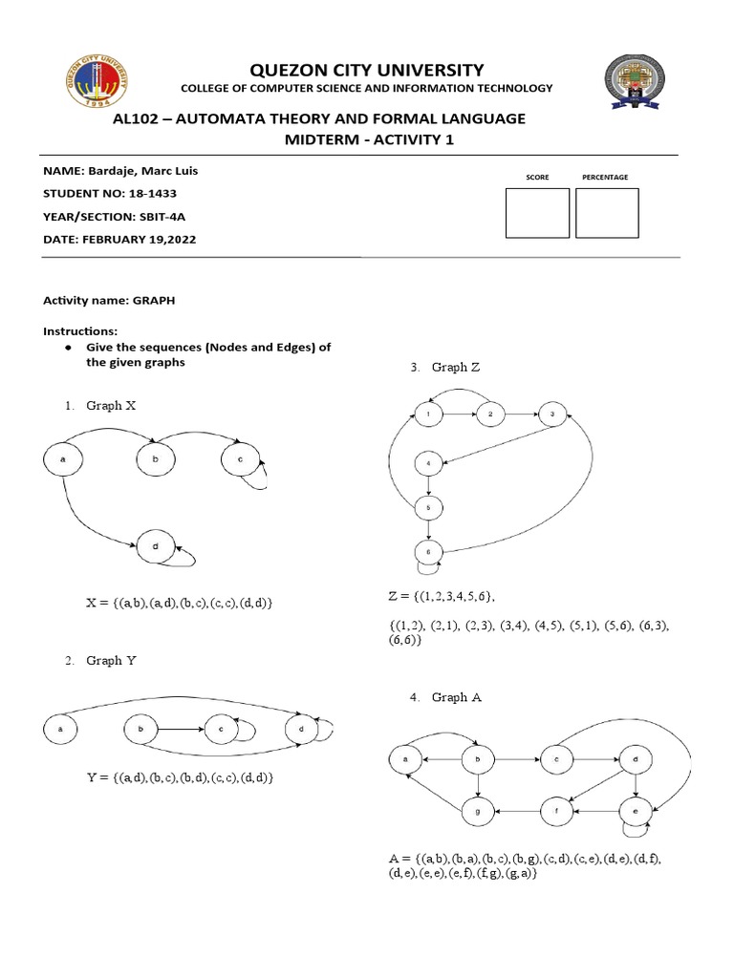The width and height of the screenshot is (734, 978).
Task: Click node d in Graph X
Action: click(x=154, y=547)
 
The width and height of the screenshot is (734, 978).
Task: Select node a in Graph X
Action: click(x=63, y=460)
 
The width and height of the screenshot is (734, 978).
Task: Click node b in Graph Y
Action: click(x=140, y=730)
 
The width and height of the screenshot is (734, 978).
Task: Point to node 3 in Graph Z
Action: click(x=551, y=415)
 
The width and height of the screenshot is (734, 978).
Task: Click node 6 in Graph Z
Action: click(x=429, y=551)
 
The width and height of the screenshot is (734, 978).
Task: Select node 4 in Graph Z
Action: click(x=429, y=464)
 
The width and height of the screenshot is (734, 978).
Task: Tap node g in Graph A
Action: click(x=476, y=811)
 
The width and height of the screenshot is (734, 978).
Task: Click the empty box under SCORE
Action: click(x=536, y=212)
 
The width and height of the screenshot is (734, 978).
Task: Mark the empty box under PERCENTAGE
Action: click(x=606, y=212)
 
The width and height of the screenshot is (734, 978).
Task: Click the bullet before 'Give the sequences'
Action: click(x=71, y=348)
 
